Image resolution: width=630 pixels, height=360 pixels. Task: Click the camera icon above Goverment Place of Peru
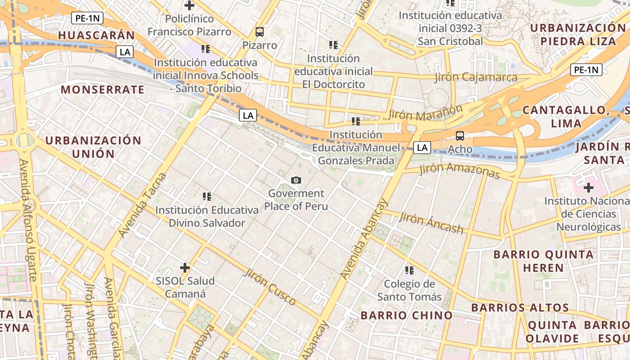(296, 180)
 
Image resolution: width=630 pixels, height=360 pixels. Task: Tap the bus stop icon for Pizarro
(260, 32)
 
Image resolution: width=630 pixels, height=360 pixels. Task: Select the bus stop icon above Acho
(460, 136)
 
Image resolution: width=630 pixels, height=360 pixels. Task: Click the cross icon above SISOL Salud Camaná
(185, 268)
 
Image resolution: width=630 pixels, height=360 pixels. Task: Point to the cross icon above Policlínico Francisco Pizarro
(189, 6)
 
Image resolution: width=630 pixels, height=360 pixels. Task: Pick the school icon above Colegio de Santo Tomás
(409, 270)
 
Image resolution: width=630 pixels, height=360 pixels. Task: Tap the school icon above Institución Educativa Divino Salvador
(207, 197)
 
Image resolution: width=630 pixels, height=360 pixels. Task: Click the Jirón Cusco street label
(269, 286)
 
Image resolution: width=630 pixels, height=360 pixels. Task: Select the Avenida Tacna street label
(142, 205)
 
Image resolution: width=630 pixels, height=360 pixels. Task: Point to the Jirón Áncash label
(431, 223)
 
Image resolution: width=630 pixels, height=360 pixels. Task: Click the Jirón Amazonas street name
(459, 171)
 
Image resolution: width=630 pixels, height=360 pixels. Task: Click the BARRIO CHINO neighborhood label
(406, 315)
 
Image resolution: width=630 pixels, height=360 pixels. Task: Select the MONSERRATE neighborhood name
(103, 90)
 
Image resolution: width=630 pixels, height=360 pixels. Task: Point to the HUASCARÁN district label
(96, 35)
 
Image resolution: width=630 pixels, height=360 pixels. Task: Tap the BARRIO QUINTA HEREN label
(543, 261)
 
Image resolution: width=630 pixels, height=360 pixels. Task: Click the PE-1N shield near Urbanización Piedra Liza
(586, 70)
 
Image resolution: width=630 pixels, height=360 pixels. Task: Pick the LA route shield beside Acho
(422, 147)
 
